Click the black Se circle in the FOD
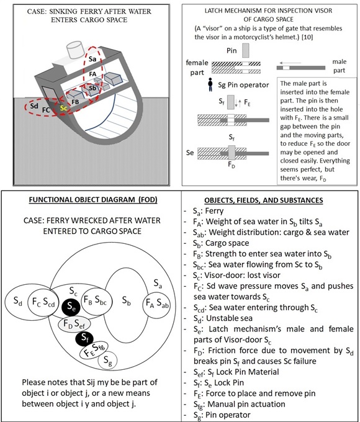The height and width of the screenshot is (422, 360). pyautogui.click(x=71, y=307)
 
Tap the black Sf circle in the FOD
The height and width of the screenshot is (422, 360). pyautogui.click(x=84, y=338)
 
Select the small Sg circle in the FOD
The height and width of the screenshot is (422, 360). pyautogui.click(x=108, y=361)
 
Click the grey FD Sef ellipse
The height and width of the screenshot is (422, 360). pyautogui.click(x=74, y=325)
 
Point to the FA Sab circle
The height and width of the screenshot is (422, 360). pyautogui.click(x=156, y=304)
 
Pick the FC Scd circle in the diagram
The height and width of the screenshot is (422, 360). pyautogui.click(x=43, y=302)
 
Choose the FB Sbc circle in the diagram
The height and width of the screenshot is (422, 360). pyautogui.click(x=95, y=300)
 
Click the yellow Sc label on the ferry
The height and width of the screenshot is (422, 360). pyautogui.click(x=63, y=108)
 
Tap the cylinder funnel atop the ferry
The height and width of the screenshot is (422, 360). pyautogui.click(x=74, y=50)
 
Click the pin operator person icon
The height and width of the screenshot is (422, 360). pyautogui.click(x=210, y=85)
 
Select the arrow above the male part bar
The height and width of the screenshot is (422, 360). pyautogui.click(x=290, y=63)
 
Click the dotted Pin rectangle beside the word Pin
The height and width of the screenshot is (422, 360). pyautogui.click(x=246, y=50)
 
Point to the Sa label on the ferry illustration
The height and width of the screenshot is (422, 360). pyautogui.click(x=92, y=59)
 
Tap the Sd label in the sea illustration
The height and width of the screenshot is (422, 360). pyautogui.click(x=34, y=105)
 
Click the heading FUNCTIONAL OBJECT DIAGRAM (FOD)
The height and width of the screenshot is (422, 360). pyautogui.click(x=93, y=200)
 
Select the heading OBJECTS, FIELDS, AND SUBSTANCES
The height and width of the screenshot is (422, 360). pyautogui.click(x=264, y=200)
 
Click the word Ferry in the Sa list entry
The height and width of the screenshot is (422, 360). pyautogui.click(x=214, y=211)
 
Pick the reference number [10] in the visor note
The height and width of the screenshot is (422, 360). pyautogui.click(x=307, y=37)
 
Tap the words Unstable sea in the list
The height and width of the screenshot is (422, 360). pyautogui.click(x=229, y=318)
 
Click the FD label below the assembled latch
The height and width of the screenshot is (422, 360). pyautogui.click(x=232, y=164)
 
